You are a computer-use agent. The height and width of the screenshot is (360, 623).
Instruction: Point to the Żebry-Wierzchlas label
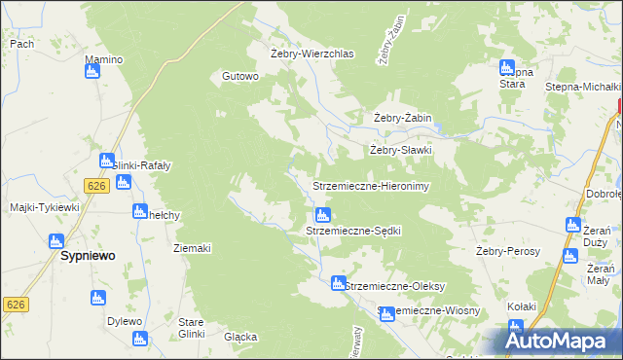click(x=311, y=54)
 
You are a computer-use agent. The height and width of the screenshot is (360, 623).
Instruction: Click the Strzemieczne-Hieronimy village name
click(x=370, y=185)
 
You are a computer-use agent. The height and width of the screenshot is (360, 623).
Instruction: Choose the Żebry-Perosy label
click(x=507, y=250)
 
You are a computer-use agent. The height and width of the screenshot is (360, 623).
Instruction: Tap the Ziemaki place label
click(x=192, y=248)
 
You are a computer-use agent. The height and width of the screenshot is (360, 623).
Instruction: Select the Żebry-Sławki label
click(x=400, y=151)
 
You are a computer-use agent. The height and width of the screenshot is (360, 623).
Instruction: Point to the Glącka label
click(x=239, y=337)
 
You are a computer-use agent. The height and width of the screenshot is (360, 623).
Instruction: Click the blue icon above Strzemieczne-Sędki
click(x=322, y=215)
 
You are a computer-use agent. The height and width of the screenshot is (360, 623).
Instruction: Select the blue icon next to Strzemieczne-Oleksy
click(x=338, y=284)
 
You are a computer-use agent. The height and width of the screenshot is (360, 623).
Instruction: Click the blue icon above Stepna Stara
click(x=506, y=67)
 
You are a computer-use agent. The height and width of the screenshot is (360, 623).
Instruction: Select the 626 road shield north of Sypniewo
click(x=95, y=185)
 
